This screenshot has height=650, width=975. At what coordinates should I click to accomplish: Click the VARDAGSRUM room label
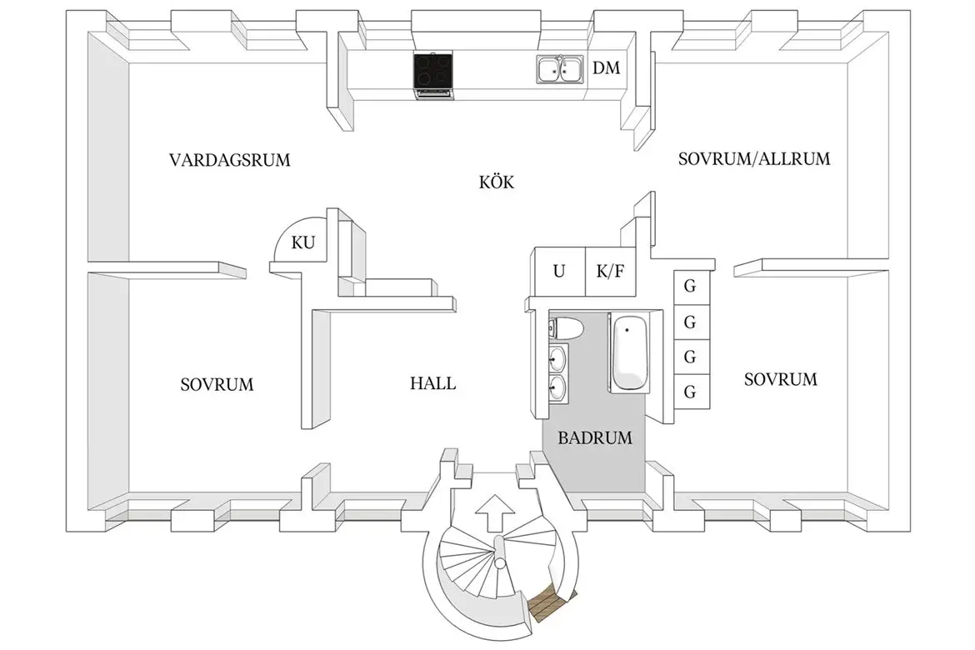230,160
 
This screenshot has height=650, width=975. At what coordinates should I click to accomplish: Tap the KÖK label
496,182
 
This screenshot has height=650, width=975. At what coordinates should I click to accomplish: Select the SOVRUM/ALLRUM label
754,158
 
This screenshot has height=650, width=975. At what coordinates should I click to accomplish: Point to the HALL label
432,384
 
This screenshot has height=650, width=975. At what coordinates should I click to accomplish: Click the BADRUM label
595,437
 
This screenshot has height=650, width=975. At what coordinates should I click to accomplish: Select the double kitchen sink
559,69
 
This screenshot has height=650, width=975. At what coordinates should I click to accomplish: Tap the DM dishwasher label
607,68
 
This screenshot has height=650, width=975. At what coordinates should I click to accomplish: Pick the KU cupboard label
303,243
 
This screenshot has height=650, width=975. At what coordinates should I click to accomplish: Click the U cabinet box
558,271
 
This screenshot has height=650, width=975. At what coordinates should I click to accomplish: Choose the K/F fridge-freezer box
609,271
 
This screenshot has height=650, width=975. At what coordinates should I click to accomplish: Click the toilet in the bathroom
566,327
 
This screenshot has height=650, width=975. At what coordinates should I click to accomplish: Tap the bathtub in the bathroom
628,352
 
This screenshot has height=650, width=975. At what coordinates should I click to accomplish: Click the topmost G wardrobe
689,285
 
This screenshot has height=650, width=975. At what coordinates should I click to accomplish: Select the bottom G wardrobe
689,392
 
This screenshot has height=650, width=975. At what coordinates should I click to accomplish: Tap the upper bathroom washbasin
557,360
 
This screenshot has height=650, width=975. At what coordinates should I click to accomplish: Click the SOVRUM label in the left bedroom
217,385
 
